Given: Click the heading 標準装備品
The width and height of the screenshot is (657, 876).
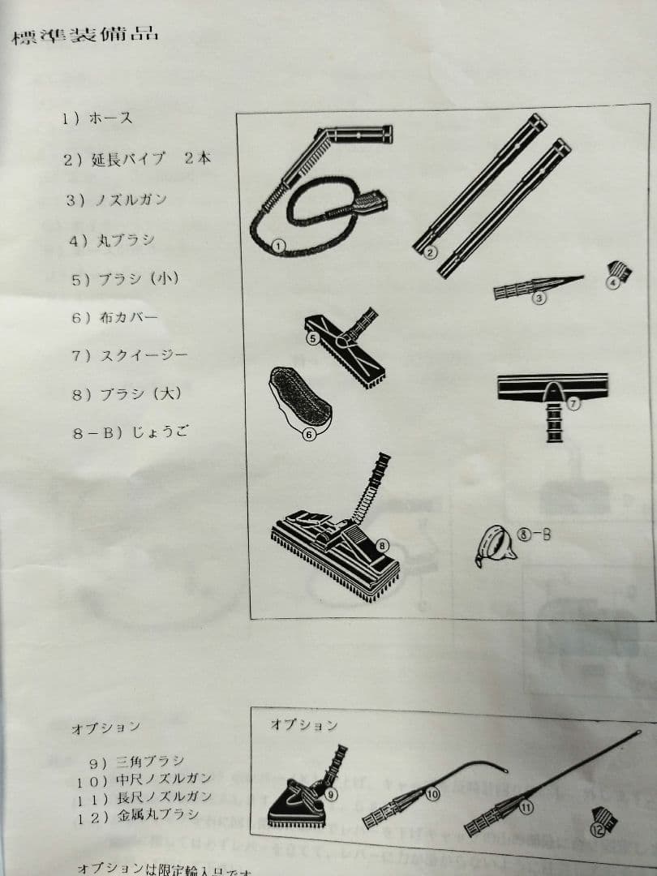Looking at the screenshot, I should click(x=84, y=35).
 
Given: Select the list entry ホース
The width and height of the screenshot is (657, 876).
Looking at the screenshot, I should click(x=98, y=118).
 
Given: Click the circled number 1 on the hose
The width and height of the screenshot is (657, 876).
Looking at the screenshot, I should click(x=278, y=243).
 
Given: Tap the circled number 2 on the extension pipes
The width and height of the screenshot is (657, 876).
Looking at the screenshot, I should click(x=430, y=251).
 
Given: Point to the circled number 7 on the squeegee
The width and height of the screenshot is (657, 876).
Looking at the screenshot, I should click(x=573, y=403).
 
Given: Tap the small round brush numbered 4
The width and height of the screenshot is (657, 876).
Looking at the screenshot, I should click(x=620, y=274).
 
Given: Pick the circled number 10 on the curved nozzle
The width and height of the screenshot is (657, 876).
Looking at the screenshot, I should click(x=432, y=794).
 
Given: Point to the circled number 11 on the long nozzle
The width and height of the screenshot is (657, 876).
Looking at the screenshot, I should click(x=527, y=807).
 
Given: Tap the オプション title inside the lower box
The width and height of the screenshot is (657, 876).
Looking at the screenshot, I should click(x=303, y=724).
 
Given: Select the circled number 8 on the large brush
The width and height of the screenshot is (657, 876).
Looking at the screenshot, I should click(x=383, y=545).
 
